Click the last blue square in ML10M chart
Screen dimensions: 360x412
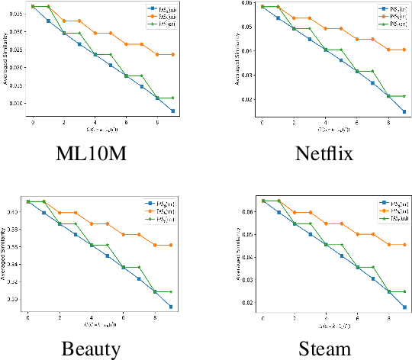click(x=173, y=111)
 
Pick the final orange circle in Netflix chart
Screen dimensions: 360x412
click(x=404, y=50)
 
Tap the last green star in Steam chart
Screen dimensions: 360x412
click(x=404, y=291)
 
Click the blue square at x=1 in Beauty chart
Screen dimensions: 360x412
click(x=43, y=213)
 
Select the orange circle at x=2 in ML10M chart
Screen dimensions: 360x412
click(x=64, y=21)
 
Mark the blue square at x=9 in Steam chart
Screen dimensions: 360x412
click(x=404, y=307)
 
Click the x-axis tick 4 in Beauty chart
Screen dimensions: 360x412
click(x=92, y=317)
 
